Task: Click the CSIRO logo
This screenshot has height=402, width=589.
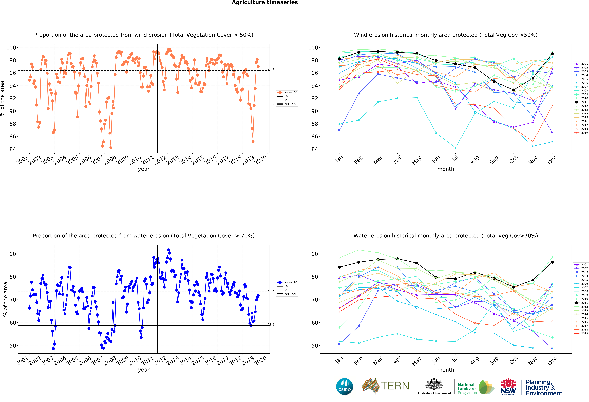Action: pyautogui.click(x=344, y=387)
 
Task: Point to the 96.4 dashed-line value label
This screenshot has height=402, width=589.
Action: pyautogui.click(x=271, y=69)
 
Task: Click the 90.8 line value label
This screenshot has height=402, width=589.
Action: pyautogui.click(x=271, y=105)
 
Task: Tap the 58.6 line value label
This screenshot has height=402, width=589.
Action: pyautogui.click(x=271, y=325)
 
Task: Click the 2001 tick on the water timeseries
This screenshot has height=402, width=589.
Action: pyautogui.click(x=22, y=361)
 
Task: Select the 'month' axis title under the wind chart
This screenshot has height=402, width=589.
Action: pyautogui.click(x=446, y=169)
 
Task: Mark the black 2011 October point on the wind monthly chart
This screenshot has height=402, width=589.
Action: pyautogui.click(x=513, y=90)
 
